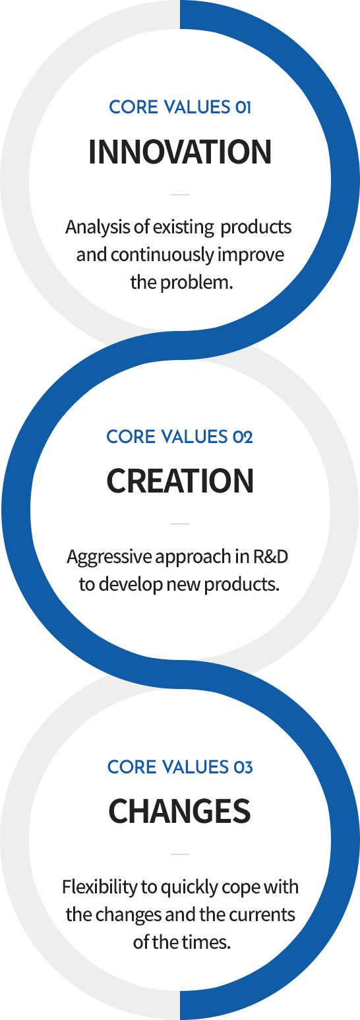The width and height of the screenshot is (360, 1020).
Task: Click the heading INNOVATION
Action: (180, 152)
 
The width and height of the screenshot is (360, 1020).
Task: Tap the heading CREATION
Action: (180, 481)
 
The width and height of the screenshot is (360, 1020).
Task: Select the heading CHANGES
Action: (180, 811)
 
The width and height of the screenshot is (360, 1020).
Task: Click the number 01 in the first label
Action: (243, 107)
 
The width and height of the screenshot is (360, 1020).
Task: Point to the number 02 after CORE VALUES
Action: (243, 437)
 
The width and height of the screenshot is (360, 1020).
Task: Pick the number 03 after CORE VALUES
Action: (243, 767)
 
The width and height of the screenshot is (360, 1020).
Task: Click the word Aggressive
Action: (109, 556)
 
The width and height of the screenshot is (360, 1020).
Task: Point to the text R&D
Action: (270, 556)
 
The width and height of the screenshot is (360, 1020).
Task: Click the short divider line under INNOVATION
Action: (180, 195)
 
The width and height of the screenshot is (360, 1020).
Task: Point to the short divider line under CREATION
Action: (180, 524)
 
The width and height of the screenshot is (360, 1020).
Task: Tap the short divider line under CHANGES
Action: (180, 854)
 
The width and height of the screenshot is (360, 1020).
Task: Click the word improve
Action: (251, 255)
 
